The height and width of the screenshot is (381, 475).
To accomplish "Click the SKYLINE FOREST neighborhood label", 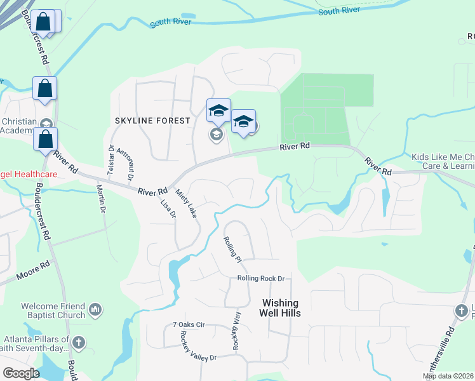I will tap(152, 121).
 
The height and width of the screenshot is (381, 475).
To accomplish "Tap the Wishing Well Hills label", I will tap(280, 308).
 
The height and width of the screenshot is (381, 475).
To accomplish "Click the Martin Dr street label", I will tap(100, 197).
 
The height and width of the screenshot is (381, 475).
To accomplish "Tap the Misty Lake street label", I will tap(186, 203).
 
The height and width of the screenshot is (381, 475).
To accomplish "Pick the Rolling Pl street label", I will tap(232, 250).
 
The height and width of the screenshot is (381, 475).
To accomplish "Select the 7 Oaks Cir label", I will tap(189, 324).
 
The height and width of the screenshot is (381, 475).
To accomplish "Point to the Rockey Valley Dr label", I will tap(198, 345).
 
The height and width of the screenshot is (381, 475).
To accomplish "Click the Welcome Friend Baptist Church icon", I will tap(95, 309).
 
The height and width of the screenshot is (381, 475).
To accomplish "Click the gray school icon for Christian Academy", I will tap(45, 123).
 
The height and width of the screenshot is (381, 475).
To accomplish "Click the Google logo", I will tap(22, 373).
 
